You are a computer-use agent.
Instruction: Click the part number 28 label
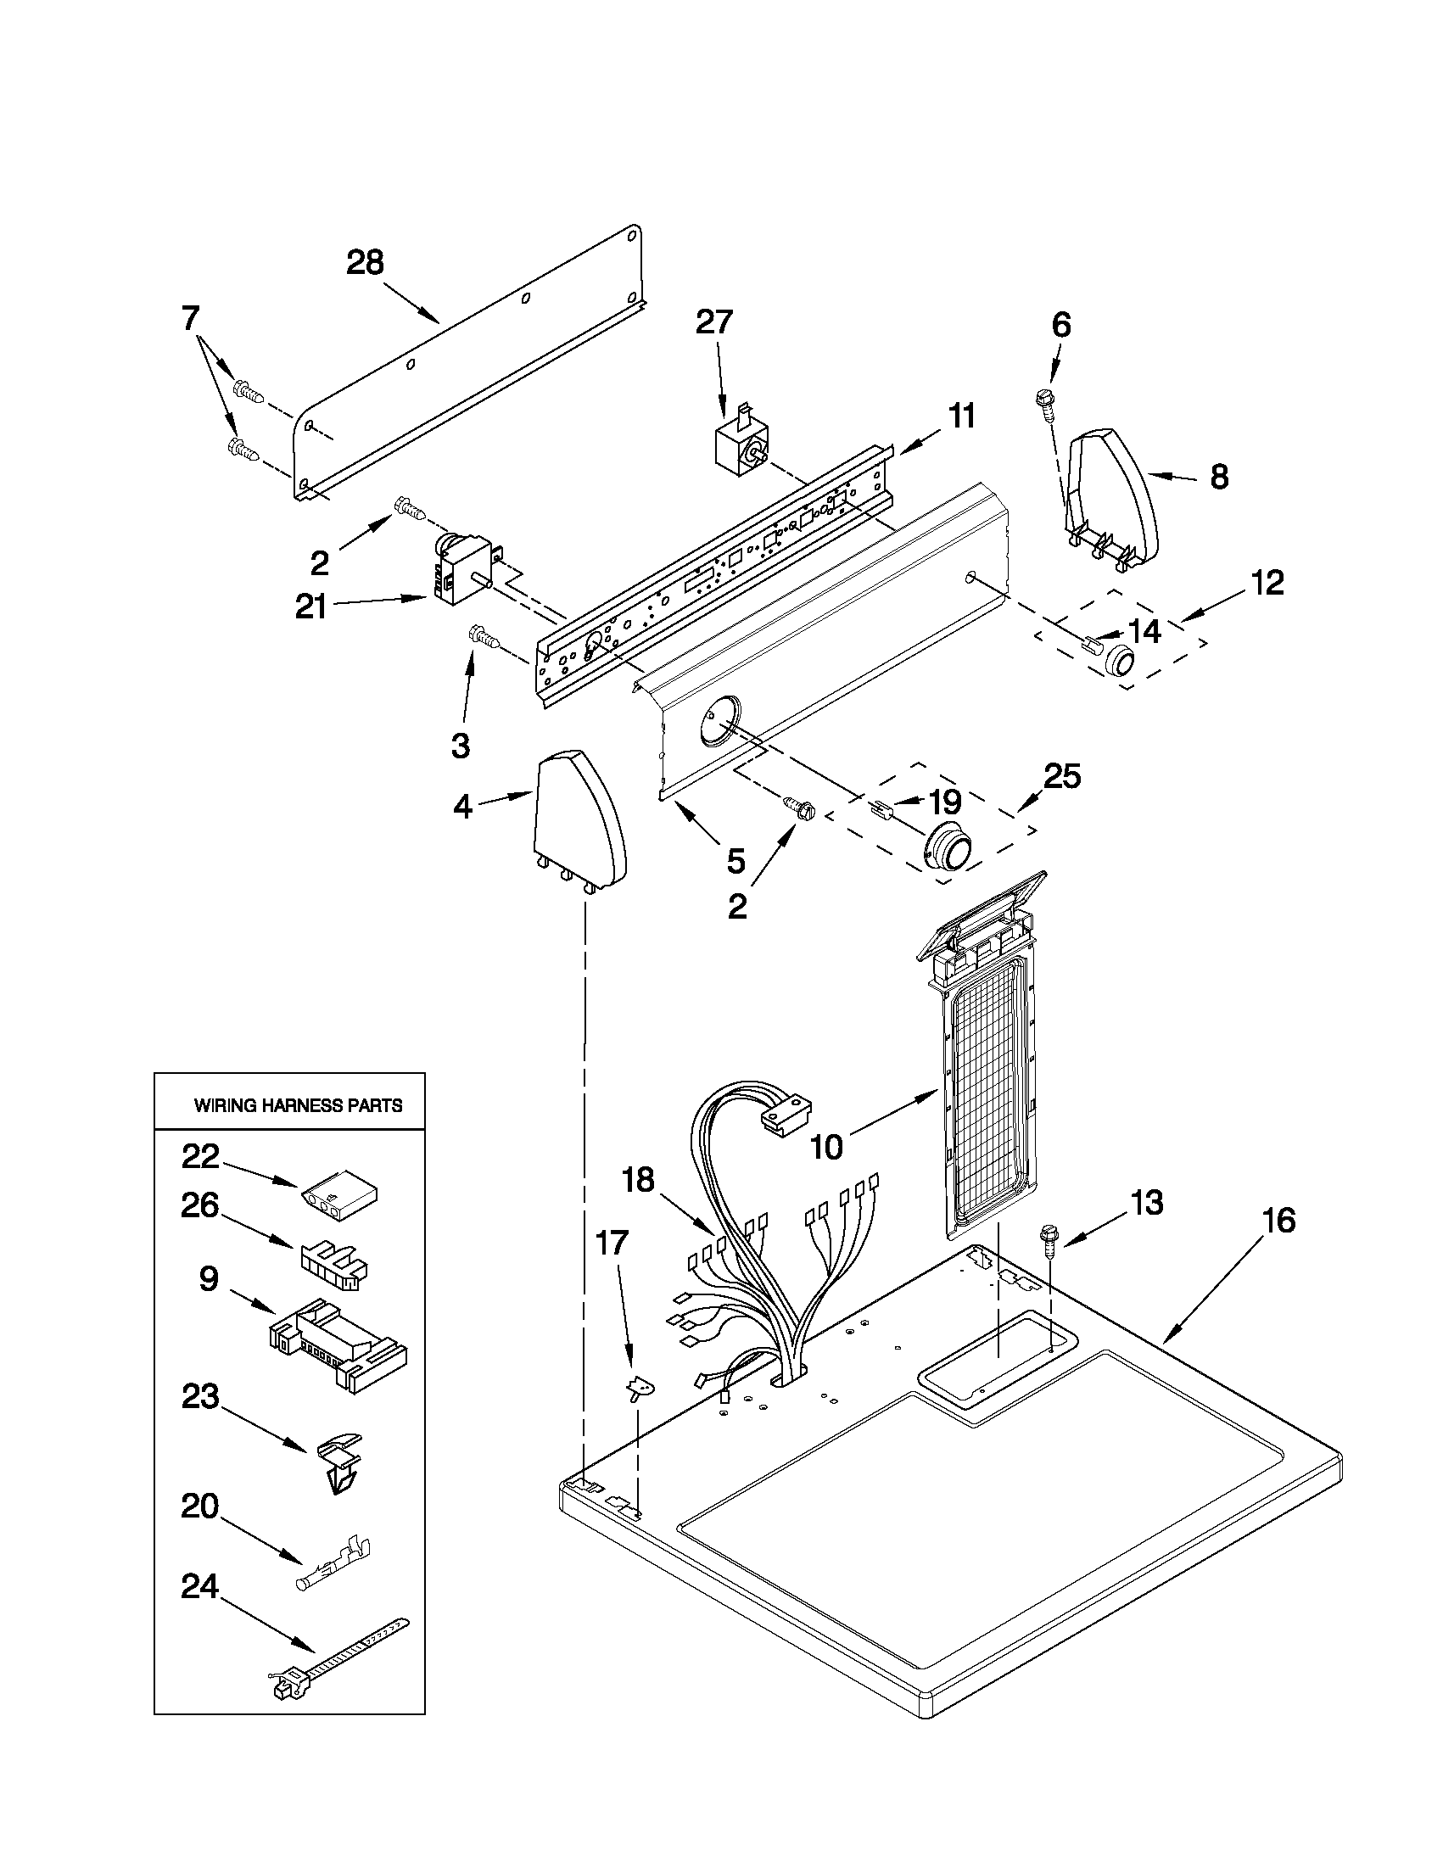365,261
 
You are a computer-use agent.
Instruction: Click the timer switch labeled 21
465,572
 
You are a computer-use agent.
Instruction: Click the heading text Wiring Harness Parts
299,1105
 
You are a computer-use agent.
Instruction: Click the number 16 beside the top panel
1279,1220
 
